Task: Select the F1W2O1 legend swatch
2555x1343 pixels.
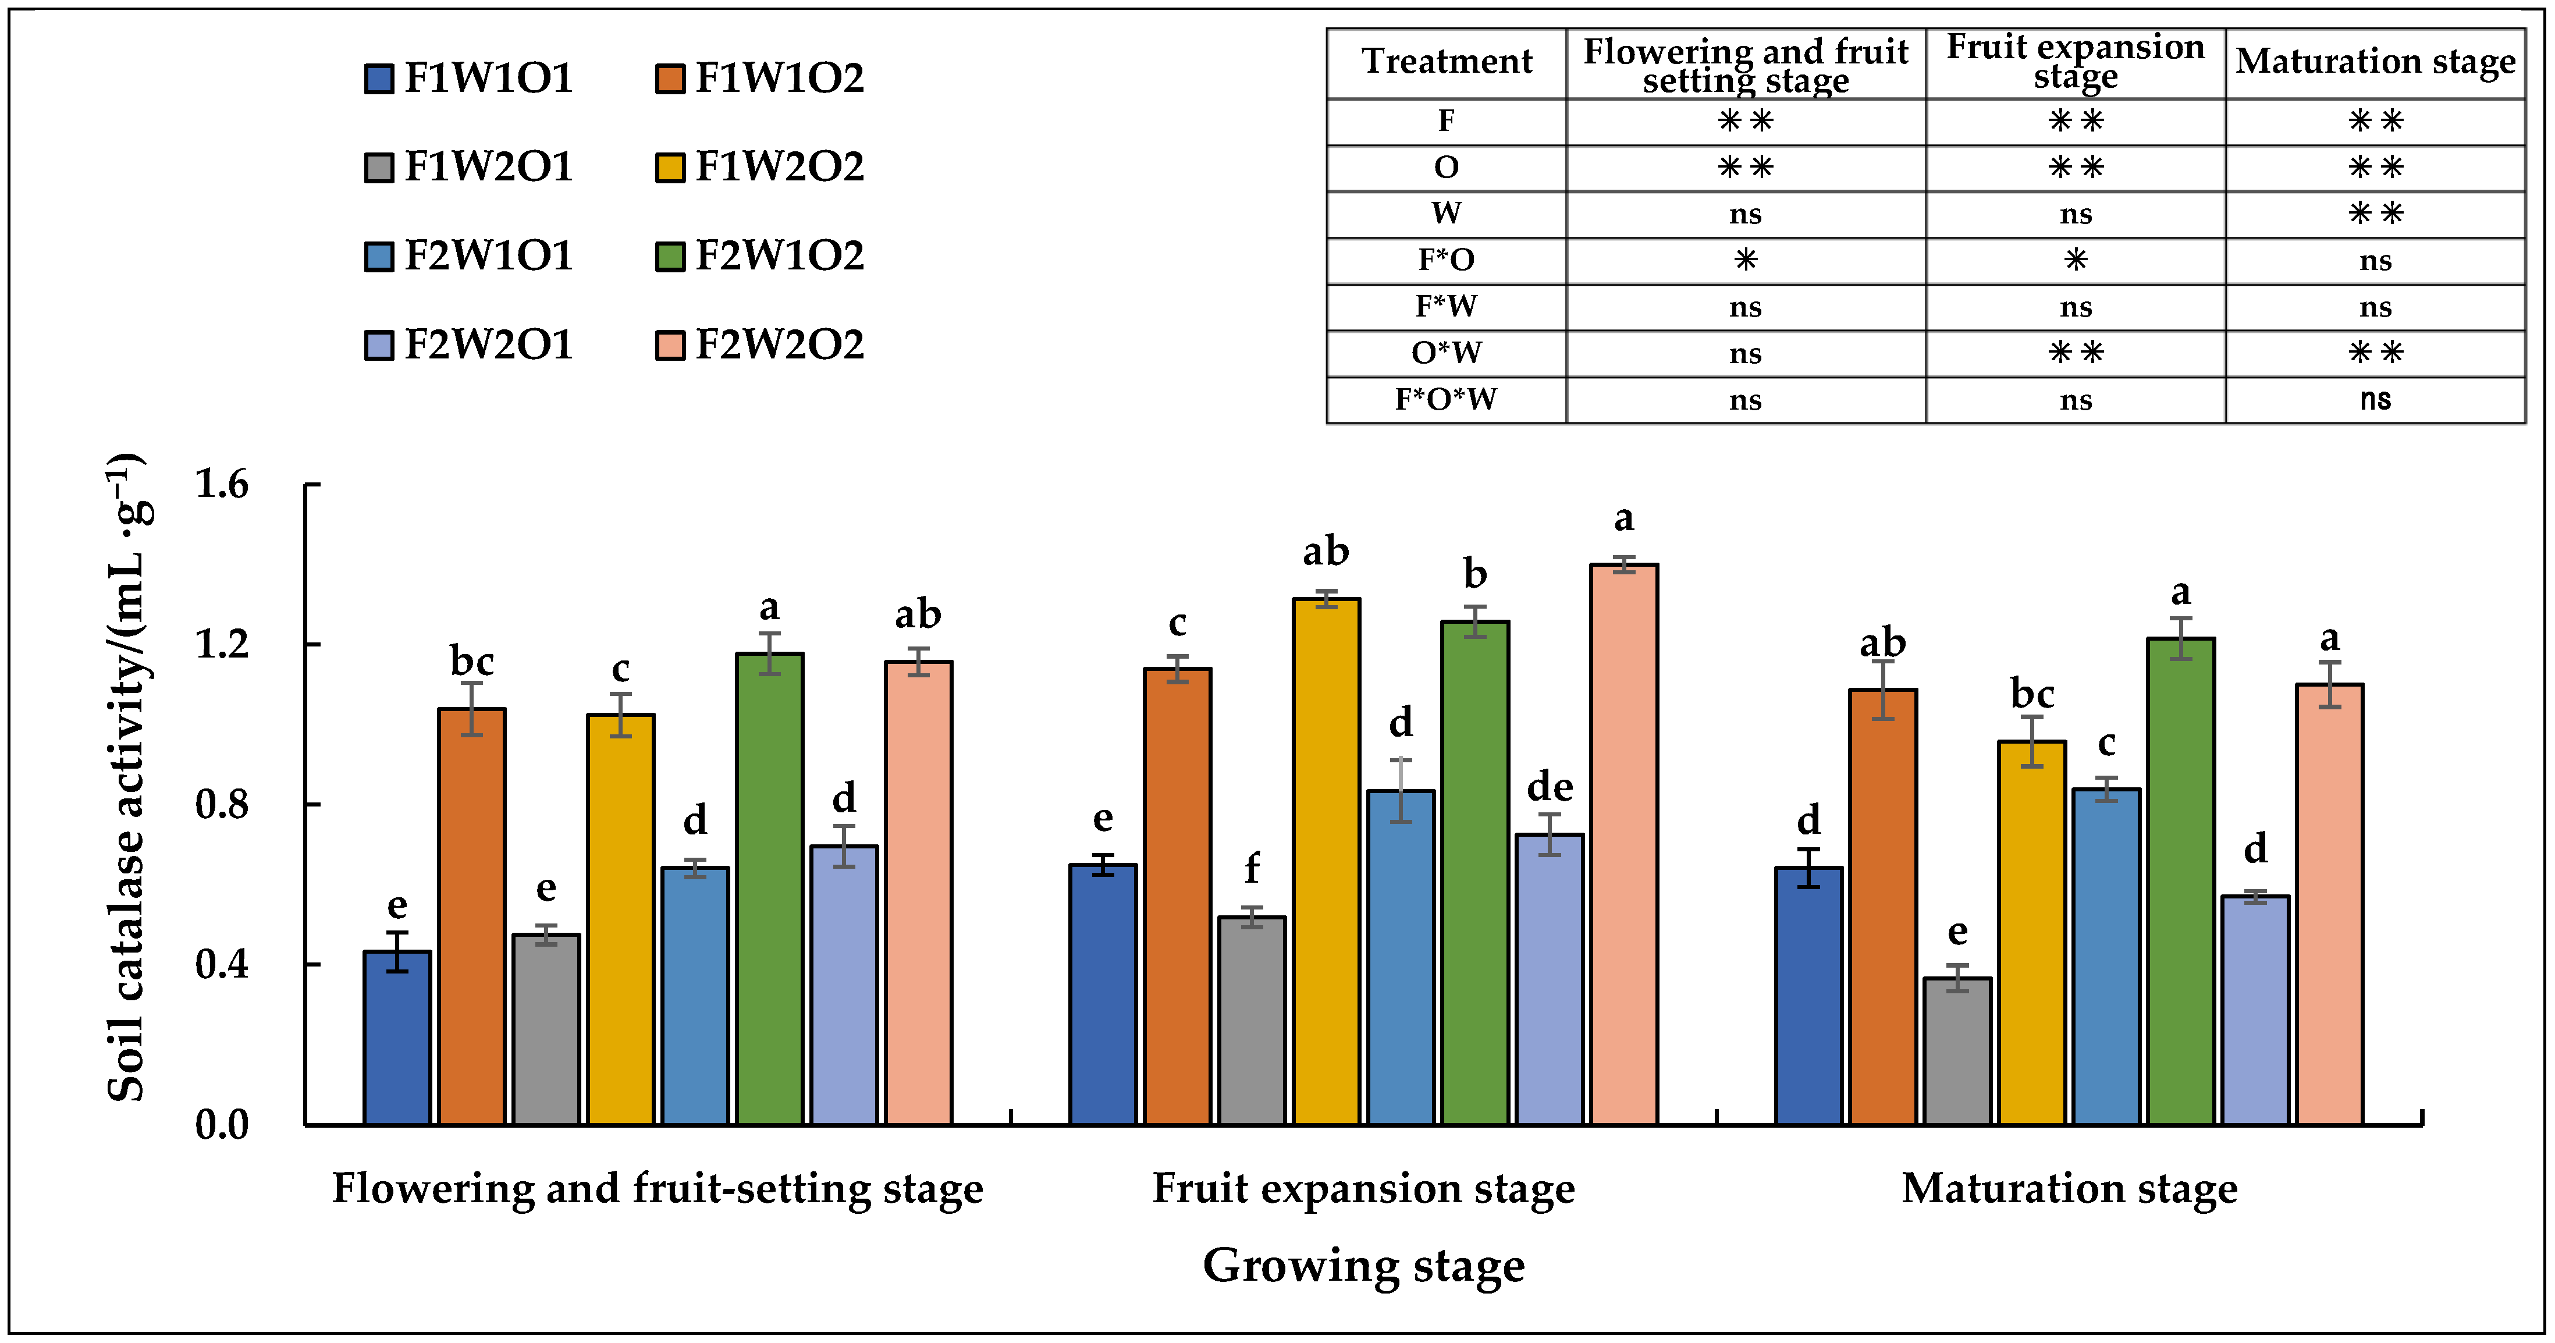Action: [x=378, y=168]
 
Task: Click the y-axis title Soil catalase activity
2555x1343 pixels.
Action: [x=127, y=779]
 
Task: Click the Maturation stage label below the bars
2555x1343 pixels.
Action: [x=2069, y=1188]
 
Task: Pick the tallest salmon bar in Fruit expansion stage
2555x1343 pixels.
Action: [x=1623, y=843]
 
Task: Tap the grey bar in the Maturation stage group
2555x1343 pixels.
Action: [x=1957, y=1051]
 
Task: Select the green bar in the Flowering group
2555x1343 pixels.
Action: [x=770, y=888]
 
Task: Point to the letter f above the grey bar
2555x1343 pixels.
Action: [x=1252, y=869]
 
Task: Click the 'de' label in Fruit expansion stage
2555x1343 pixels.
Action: [x=1550, y=787]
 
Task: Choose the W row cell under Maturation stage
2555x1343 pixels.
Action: [x=2375, y=213]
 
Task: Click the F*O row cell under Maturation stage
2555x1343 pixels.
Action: [x=2375, y=261]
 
